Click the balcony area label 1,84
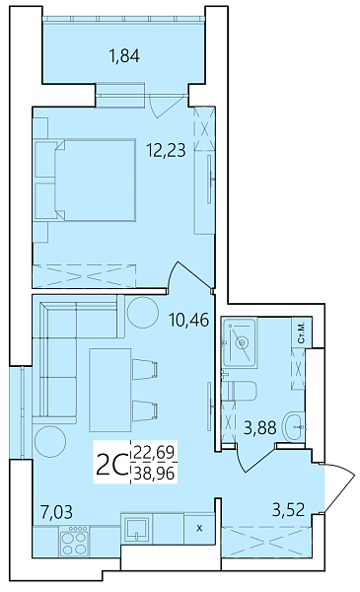point(123,56)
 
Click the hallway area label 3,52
point(288,509)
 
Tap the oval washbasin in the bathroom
point(293,426)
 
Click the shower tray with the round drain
point(240,343)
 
